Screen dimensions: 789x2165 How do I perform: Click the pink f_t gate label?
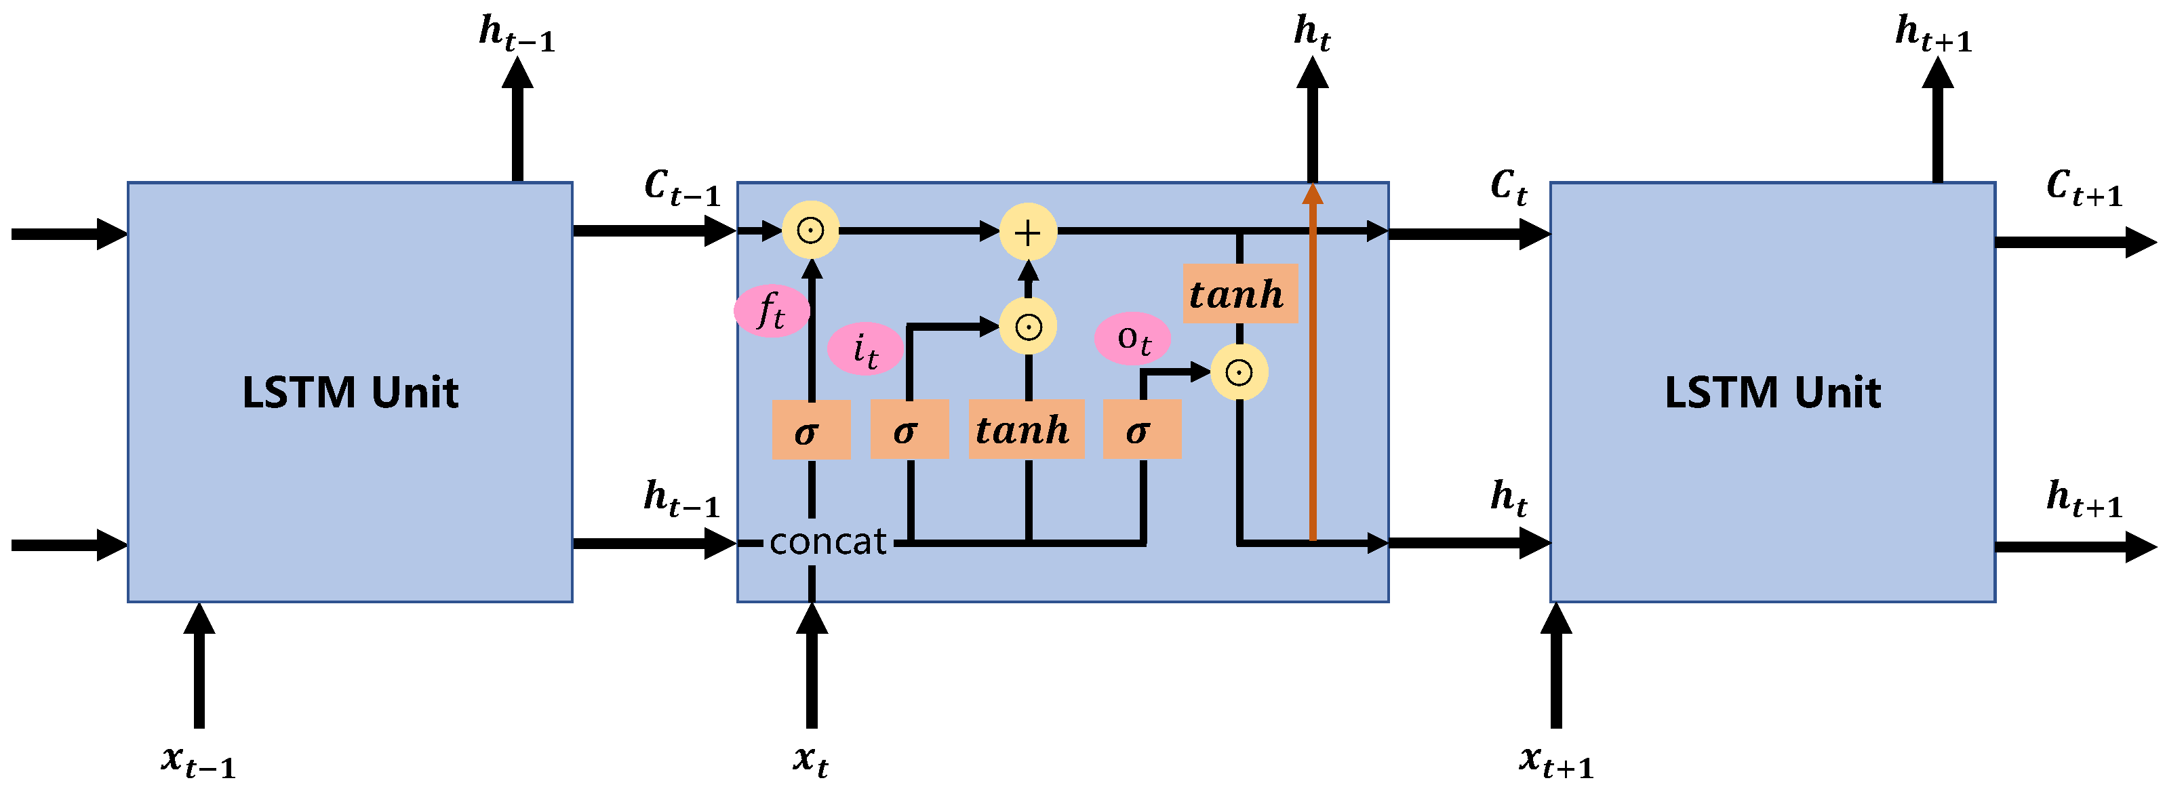pyautogui.click(x=771, y=311)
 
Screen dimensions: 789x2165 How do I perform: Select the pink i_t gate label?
pyautogui.click(x=865, y=348)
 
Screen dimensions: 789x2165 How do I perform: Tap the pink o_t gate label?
pyautogui.click(x=1132, y=339)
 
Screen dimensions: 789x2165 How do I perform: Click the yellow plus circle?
pyautogui.click(x=1027, y=232)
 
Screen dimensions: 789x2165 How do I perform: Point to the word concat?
pyautogui.click(x=827, y=542)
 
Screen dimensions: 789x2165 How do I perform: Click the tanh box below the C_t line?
pyautogui.click(x=1239, y=294)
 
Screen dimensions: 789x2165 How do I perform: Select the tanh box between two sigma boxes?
pyautogui.click(x=1025, y=429)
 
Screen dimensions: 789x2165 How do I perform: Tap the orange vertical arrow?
pyautogui.click(x=1312, y=361)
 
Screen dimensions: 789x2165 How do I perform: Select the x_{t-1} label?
pyautogui.click(x=199, y=761)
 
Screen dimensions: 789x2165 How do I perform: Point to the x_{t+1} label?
pyautogui.click(x=1555, y=761)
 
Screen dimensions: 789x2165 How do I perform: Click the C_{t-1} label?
pyautogui.click(x=681, y=187)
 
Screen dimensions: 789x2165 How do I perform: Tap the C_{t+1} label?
pyautogui.click(x=2084, y=187)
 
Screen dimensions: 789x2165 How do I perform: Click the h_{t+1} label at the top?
pyautogui.click(x=1933, y=34)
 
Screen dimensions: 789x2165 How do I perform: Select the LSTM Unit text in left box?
pyautogui.click(x=350, y=392)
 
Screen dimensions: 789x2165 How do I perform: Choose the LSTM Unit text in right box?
pyautogui.click(x=1772, y=392)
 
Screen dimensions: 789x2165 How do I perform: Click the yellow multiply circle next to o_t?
pyautogui.click(x=1239, y=371)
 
